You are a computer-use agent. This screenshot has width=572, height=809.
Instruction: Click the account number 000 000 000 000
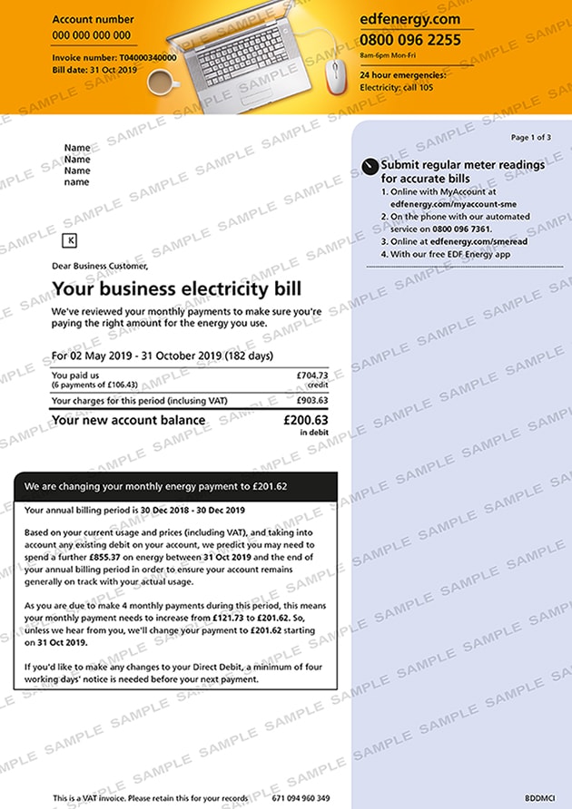tap(91, 35)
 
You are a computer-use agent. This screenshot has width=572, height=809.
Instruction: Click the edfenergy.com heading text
tap(409, 19)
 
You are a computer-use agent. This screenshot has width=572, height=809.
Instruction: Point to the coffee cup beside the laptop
tap(161, 83)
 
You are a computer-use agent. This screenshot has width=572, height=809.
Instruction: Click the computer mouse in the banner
tap(335, 78)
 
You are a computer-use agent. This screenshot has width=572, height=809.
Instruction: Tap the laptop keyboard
tap(244, 52)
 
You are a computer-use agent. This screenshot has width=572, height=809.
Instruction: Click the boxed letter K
tap(72, 240)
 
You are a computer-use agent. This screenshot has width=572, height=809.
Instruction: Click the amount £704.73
tap(311, 375)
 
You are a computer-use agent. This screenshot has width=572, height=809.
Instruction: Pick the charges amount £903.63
tap(311, 400)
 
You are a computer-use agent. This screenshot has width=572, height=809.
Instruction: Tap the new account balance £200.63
tap(305, 420)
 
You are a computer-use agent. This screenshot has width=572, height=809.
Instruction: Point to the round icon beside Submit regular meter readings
tap(368, 166)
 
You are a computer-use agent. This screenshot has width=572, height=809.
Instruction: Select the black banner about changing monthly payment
tap(176, 486)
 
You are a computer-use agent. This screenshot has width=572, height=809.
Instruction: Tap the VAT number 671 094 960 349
tap(301, 798)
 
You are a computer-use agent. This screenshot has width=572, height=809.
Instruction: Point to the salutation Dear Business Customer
tap(99, 267)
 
